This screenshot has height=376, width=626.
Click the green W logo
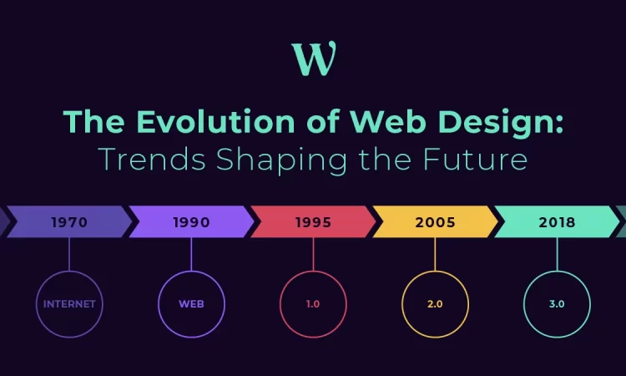coord(314,58)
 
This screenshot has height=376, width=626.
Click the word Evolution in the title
coord(215,121)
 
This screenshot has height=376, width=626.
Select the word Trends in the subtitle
coord(152,159)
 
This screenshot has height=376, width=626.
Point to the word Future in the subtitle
coord(475,159)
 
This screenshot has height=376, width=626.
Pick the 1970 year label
coord(69,222)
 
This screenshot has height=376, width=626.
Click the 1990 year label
coord(191,222)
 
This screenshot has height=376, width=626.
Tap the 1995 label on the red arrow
coord(313,222)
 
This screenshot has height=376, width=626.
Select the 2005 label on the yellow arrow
coord(435,222)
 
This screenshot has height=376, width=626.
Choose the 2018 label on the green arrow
coord(557,222)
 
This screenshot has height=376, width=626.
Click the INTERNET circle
coord(69,272)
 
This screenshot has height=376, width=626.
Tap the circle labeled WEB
coord(191,272)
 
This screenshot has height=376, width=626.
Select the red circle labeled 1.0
coord(313,272)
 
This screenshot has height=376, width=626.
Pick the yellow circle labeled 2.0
coord(435,272)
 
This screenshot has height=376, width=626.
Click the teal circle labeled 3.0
coord(557,272)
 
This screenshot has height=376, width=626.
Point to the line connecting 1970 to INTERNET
coord(69,254)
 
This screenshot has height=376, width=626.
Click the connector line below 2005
coord(435,254)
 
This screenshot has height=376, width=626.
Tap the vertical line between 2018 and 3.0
coord(557,254)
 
